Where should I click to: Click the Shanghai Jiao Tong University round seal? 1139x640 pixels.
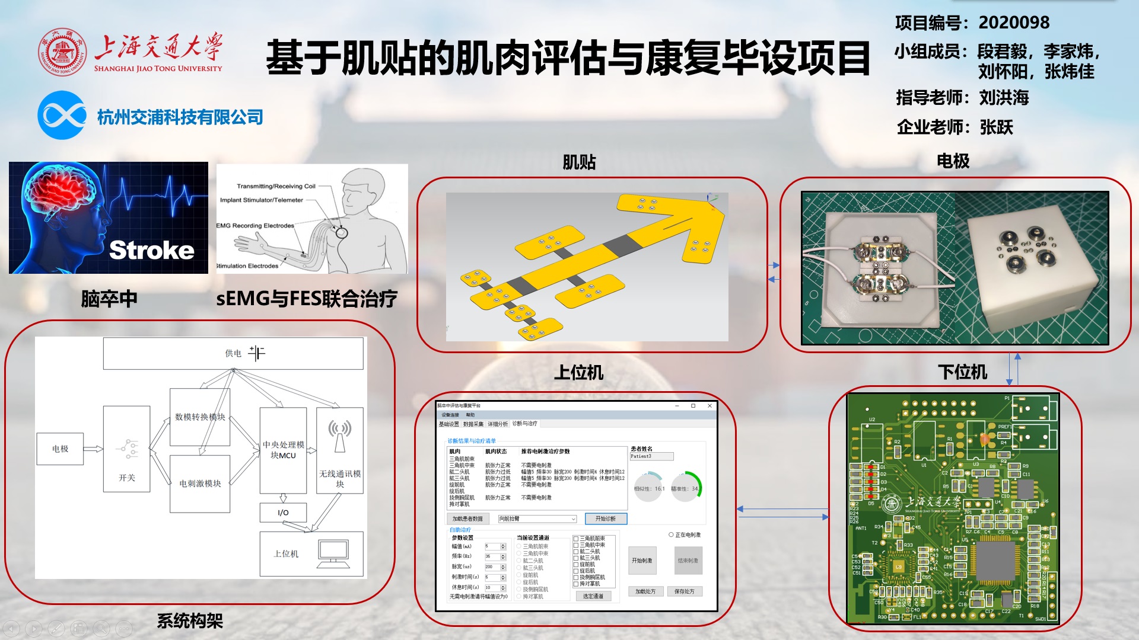click(x=62, y=52)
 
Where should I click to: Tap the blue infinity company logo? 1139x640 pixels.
click(x=62, y=115)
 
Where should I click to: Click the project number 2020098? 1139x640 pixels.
click(x=1014, y=23)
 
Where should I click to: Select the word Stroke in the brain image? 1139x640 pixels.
click(x=152, y=250)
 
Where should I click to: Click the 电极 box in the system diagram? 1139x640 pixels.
click(x=60, y=449)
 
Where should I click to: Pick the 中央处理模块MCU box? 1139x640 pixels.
click(x=283, y=450)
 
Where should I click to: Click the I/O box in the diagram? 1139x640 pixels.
click(x=283, y=513)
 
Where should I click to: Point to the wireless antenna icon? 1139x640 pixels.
click(x=340, y=436)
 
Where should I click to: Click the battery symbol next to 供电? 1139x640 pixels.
click(x=257, y=353)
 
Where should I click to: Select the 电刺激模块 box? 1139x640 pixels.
click(x=200, y=484)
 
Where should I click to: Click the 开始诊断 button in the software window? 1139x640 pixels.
click(x=606, y=519)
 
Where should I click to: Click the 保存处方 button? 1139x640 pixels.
click(x=684, y=591)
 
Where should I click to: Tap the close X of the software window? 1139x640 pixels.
click(x=710, y=406)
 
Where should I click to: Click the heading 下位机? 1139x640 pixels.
click(x=962, y=372)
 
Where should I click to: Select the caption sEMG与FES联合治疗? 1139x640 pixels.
click(x=307, y=299)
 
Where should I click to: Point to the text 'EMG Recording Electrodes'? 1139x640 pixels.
click(x=256, y=226)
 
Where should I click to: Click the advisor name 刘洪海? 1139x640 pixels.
click(x=1004, y=98)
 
